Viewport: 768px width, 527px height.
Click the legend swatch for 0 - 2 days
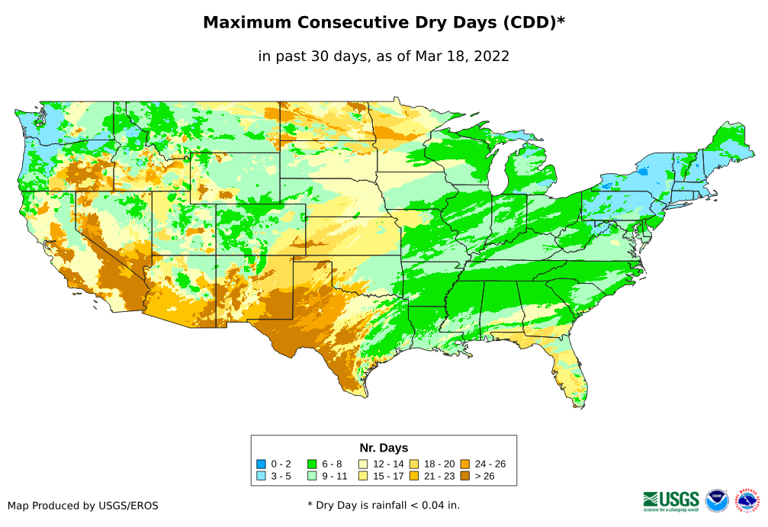click(262, 464)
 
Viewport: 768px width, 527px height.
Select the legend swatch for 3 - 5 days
click(262, 476)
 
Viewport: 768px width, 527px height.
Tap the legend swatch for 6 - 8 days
click(312, 464)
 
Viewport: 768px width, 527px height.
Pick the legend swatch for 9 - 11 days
click(312, 476)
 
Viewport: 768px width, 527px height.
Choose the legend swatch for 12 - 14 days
click(363, 464)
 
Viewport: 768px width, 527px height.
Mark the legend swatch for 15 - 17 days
click(363, 476)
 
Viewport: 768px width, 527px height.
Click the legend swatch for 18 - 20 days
click(414, 464)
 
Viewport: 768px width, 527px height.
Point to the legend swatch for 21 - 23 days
click(414, 476)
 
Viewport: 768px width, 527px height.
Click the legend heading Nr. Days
click(384, 448)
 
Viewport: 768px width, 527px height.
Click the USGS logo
click(671, 500)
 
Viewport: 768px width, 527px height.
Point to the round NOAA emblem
click(717, 500)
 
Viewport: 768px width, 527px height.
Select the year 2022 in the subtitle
click(490, 56)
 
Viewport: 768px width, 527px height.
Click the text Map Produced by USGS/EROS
click(83, 505)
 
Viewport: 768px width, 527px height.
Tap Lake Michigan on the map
click(498, 172)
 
